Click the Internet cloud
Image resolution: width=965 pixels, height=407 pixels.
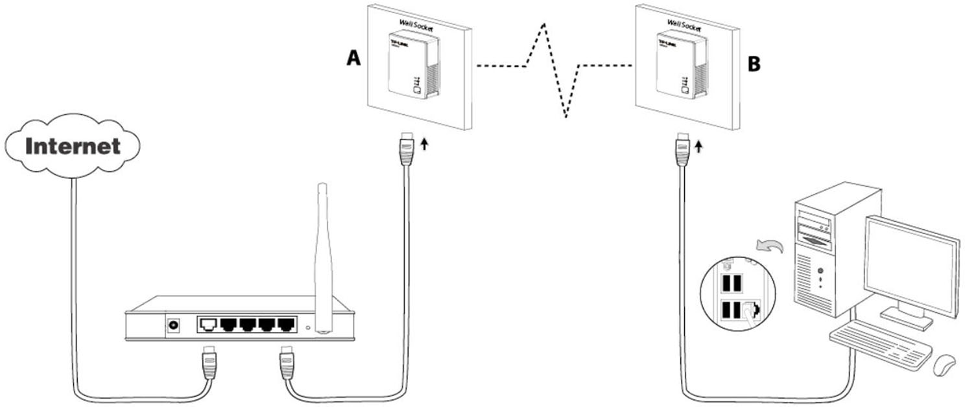73,146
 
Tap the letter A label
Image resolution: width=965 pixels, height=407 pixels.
353,58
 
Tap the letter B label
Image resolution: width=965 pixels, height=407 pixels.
754,64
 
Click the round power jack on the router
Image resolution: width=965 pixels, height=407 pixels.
174,325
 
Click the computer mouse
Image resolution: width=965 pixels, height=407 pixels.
943,364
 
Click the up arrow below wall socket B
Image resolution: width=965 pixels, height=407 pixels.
698,148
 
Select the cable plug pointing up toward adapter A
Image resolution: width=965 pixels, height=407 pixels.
407,149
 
